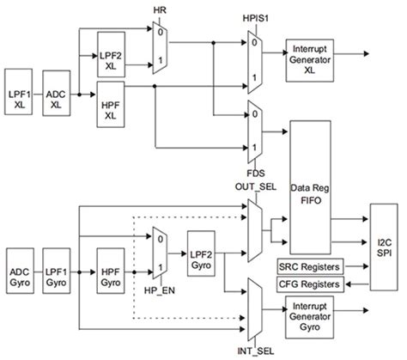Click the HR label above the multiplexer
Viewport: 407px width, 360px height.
pos(161,10)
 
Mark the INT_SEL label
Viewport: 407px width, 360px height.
pos(256,350)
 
